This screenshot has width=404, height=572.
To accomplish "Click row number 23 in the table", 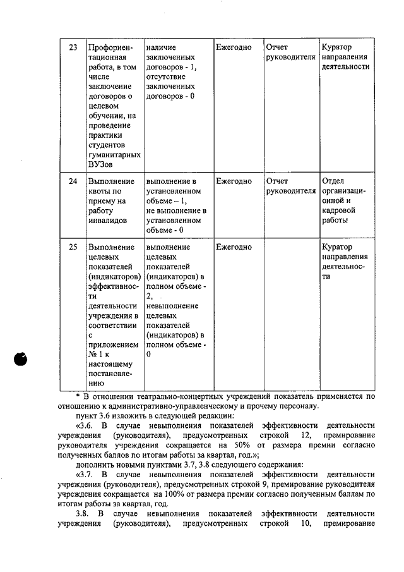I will click(x=73, y=47).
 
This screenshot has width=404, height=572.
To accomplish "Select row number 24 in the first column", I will click(x=73, y=181).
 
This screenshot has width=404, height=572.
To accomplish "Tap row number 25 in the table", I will click(x=73, y=246).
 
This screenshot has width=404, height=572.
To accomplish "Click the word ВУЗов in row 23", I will click(x=101, y=166).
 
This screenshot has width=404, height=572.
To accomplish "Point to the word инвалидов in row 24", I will click(x=108, y=221).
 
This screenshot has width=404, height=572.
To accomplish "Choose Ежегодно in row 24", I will click(x=234, y=181).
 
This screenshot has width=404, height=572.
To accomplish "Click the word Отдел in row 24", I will click(x=334, y=181).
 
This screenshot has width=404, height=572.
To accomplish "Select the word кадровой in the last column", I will click(x=339, y=210).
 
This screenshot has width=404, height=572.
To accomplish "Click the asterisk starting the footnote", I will click(x=87, y=396).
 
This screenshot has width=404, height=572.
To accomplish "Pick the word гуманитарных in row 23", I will click(x=114, y=155).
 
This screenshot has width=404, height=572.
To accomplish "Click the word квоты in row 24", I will click(x=100, y=191).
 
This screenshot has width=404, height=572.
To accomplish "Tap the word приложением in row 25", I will click(x=112, y=346).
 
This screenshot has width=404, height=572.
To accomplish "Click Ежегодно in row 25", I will click(x=234, y=246).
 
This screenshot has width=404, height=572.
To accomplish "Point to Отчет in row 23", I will click(x=278, y=47).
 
